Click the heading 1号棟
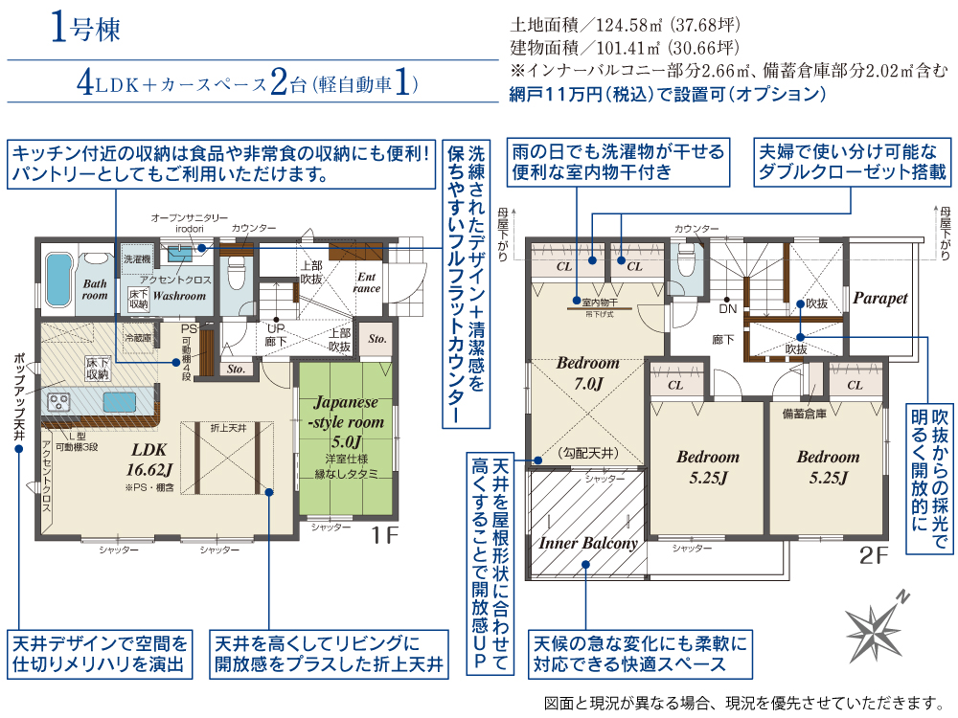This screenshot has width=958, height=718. click(x=85, y=30)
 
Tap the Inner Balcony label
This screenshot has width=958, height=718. click(x=587, y=543)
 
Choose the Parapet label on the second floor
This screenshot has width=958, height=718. click(x=879, y=298)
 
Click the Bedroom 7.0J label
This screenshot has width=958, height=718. click(x=587, y=373)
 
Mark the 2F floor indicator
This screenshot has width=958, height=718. click(x=875, y=552)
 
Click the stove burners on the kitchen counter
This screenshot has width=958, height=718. click(x=59, y=401)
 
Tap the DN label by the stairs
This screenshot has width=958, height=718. click(x=728, y=309)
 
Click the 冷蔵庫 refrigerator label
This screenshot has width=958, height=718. click(x=139, y=338)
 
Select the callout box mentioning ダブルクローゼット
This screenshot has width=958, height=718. click(x=853, y=162)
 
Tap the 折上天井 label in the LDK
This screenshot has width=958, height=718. click(x=228, y=428)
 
